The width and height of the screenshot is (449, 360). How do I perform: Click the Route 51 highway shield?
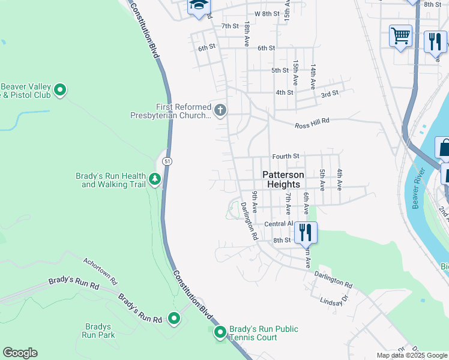click(x=168, y=161)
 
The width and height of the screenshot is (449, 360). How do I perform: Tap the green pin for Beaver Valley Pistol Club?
click(x=60, y=91)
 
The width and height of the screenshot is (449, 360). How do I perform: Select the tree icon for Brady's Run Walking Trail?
click(x=155, y=179)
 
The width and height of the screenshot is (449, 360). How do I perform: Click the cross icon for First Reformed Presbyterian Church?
click(x=220, y=110)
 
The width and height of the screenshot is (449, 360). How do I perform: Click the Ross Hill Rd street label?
click(x=312, y=125)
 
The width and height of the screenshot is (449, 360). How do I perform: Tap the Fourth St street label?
click(x=285, y=156)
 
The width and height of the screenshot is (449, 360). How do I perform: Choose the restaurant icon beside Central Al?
click(x=306, y=232)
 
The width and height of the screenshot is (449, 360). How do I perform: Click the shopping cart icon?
click(x=400, y=35)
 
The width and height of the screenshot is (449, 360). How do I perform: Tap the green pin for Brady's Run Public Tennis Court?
click(x=220, y=332)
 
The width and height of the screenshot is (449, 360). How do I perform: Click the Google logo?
click(x=20, y=353)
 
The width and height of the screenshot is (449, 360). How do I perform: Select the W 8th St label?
click(x=267, y=13)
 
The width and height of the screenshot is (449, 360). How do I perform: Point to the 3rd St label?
click(x=330, y=94)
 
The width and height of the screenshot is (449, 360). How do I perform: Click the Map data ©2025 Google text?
click(x=412, y=355)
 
